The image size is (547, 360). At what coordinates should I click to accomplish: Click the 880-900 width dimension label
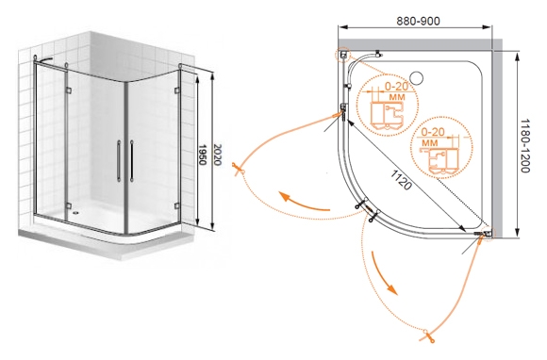point(418,21)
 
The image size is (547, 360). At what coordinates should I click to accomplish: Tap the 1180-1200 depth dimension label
point(525,146)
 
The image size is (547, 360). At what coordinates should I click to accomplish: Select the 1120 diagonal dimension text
point(401,180)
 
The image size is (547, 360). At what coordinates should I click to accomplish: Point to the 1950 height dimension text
point(203,155)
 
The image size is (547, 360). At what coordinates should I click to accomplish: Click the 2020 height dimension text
point(217,155)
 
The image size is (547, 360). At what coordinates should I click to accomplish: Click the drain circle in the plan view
point(416,77)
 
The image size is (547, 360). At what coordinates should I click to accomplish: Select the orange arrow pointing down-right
point(384,272)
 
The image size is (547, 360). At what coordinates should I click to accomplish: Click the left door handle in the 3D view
point(119,161)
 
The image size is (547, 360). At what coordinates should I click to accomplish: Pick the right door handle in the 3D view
point(131,161)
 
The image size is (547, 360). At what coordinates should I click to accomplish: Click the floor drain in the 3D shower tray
point(75,211)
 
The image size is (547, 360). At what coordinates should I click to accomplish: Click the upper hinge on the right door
point(177,90)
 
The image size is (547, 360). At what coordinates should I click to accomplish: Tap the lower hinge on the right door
point(177,206)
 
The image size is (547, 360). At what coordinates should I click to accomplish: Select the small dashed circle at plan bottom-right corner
point(489,233)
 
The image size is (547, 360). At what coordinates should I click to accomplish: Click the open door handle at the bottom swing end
point(428,335)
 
